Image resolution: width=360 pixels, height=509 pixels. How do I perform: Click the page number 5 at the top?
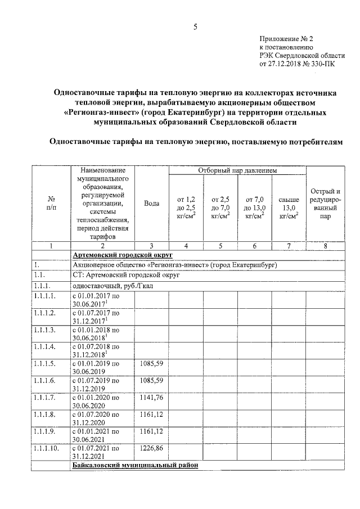coord(195,26)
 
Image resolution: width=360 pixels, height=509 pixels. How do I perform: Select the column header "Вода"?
coord(151,203)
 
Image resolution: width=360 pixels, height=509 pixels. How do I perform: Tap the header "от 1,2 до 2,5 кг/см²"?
coord(186,207)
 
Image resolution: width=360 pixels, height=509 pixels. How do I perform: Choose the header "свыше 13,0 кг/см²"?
coord(288,207)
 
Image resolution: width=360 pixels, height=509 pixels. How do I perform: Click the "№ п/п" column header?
coord(51,203)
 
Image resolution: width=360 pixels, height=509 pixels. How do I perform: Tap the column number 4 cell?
coord(186,245)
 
